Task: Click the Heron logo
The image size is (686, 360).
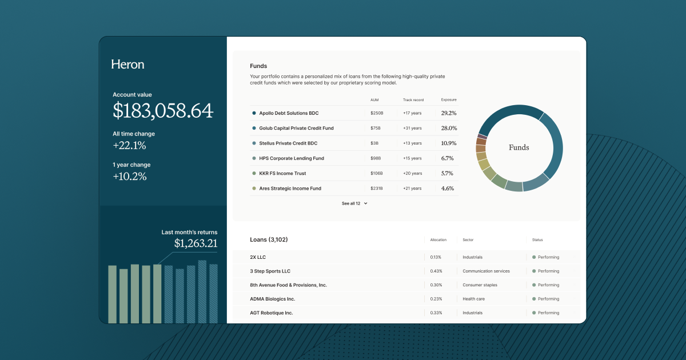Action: point(127,65)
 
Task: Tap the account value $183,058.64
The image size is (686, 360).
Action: point(163,110)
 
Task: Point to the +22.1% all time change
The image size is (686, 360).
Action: point(129,145)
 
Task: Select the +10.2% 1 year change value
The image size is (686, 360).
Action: point(129,176)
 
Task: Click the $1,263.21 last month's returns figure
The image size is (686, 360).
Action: point(196,243)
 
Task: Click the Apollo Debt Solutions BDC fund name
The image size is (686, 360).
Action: point(289,113)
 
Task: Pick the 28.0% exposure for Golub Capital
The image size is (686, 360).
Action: point(449,128)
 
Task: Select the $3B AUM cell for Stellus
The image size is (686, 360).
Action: point(375,143)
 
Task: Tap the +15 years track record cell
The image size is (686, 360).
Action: point(412,158)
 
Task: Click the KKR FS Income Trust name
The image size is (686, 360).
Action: point(282,173)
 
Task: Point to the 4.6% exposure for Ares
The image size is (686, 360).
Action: point(447,188)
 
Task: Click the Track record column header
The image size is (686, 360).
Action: point(413,100)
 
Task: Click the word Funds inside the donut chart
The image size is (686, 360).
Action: point(519,147)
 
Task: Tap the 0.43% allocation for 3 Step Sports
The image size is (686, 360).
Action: point(436,271)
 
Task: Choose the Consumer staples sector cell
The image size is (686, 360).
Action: point(480,285)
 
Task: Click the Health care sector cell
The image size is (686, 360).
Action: point(474,299)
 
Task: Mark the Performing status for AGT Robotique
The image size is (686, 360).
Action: point(548,313)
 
